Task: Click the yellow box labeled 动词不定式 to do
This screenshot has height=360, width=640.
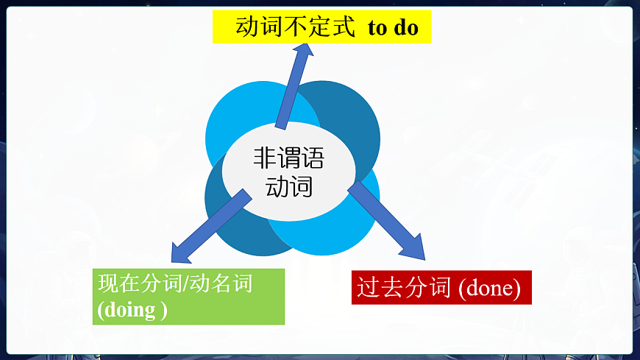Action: [321, 27]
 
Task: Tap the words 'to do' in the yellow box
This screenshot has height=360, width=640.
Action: [393, 28]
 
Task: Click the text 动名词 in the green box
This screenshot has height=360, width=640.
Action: [220, 283]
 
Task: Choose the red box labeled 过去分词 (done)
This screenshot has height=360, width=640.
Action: [441, 288]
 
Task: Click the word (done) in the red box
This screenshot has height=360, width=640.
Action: [489, 289]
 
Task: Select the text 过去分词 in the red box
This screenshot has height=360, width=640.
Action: [403, 288]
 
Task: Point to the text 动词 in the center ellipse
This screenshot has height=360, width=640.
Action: [288, 187]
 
